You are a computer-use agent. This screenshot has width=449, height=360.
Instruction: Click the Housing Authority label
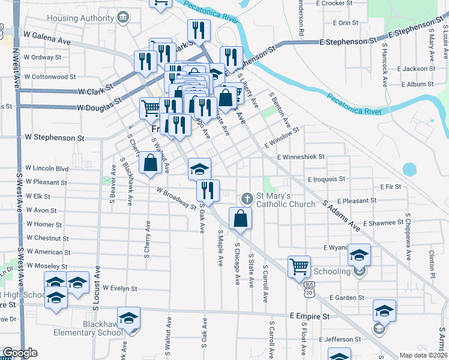(x=86, y=19)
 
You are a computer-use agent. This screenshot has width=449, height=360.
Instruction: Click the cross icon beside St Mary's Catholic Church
(x=246, y=199)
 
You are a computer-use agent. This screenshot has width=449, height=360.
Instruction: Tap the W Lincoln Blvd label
(x=46, y=169)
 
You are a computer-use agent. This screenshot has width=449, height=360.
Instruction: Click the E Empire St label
(x=309, y=316)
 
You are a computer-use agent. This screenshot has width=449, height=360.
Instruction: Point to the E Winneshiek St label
(x=301, y=156)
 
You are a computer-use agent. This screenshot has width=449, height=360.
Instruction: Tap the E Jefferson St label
(x=342, y=340)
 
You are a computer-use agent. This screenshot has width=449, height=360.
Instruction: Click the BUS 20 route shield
(x=309, y=290)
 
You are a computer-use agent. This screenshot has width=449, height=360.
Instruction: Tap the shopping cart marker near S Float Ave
(x=299, y=265)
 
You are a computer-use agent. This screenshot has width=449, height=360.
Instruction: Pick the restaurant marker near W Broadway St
(x=208, y=190)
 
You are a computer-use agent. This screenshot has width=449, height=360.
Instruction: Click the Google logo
(x=20, y=353)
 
